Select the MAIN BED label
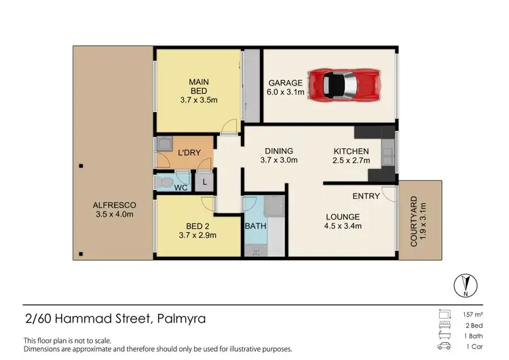click(x=198, y=90)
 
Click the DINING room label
click(x=279, y=156)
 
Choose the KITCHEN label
click(x=351, y=156)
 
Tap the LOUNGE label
click(x=341, y=221)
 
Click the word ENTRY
click(x=366, y=196)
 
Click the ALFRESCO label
click(x=115, y=209)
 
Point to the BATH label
click(x=255, y=226)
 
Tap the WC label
click(x=181, y=187)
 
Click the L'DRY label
click(x=189, y=153)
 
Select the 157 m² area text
click(x=472, y=314)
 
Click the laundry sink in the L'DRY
click(x=164, y=144)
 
